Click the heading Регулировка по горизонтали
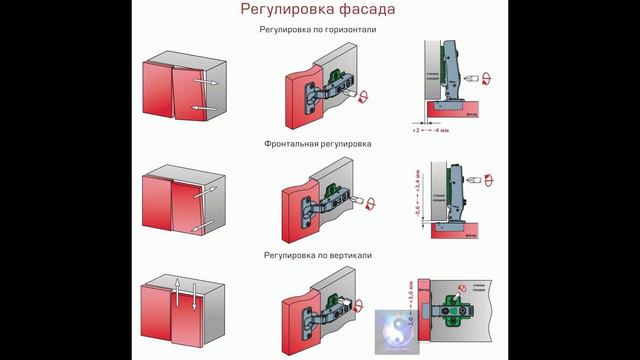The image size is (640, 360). click(x=318, y=31)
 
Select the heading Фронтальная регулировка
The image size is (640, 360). click(x=318, y=144)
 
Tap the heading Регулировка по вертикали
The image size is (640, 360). click(x=318, y=256)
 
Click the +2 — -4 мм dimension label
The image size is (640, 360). click(x=429, y=130)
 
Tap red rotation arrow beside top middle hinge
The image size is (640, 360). click(x=362, y=97)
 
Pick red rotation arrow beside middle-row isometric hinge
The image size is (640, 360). click(x=372, y=205)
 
